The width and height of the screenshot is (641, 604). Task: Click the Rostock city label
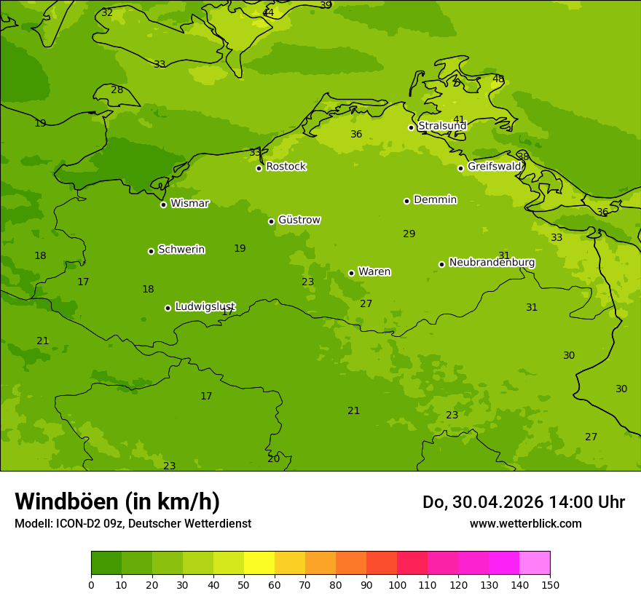click(286, 167)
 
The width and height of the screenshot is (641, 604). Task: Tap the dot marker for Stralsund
click(411, 127)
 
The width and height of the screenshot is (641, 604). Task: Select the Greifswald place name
click(494, 167)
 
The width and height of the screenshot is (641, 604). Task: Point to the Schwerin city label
click(181, 250)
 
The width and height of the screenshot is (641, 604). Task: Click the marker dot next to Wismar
click(163, 204)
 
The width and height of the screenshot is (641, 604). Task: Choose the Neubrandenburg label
click(492, 263)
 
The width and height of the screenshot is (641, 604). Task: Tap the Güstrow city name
click(299, 220)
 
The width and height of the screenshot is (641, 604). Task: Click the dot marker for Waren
click(351, 273)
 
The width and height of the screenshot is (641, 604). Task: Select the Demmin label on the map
click(435, 199)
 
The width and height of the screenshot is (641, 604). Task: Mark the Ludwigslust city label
click(205, 307)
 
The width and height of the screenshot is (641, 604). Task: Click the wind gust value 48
click(498, 79)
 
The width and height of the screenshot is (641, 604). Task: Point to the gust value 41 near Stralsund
click(459, 119)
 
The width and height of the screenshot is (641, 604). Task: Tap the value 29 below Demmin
click(409, 234)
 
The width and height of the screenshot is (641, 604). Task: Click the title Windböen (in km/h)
click(117, 501)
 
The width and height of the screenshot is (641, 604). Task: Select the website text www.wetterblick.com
click(525, 524)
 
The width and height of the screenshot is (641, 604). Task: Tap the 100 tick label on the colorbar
click(397, 584)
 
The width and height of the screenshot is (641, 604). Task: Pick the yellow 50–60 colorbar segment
click(259, 563)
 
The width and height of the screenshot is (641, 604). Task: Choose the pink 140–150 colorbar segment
click(535, 563)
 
